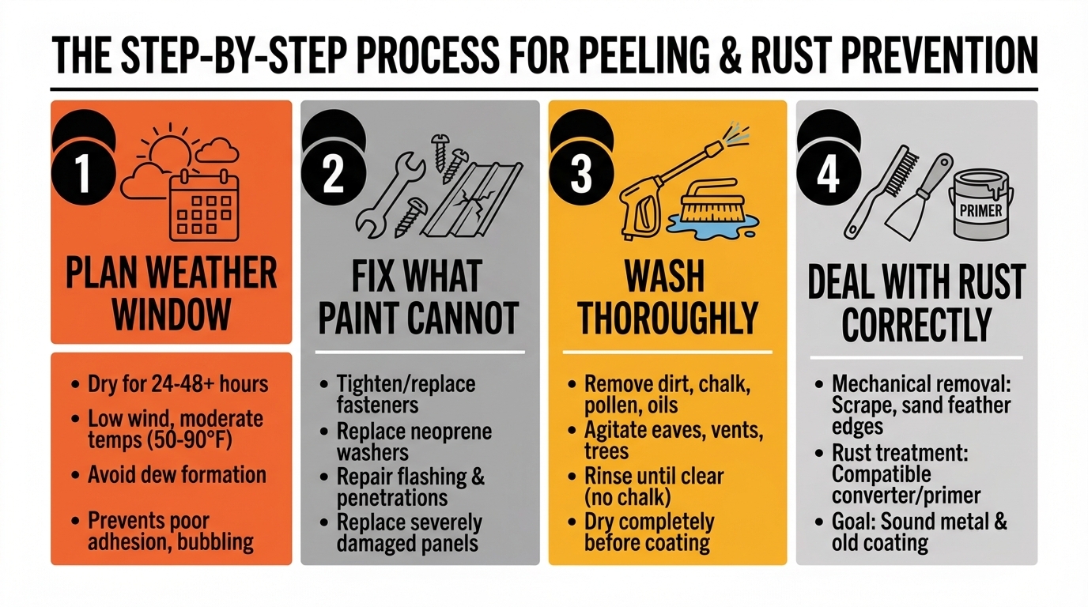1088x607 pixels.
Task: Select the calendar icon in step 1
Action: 203,205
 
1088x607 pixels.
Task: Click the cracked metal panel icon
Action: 473,201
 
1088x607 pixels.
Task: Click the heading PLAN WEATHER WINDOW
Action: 171,294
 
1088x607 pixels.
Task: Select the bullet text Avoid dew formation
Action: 176,475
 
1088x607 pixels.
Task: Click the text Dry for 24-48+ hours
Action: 178,385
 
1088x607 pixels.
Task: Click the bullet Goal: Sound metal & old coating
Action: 919,532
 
